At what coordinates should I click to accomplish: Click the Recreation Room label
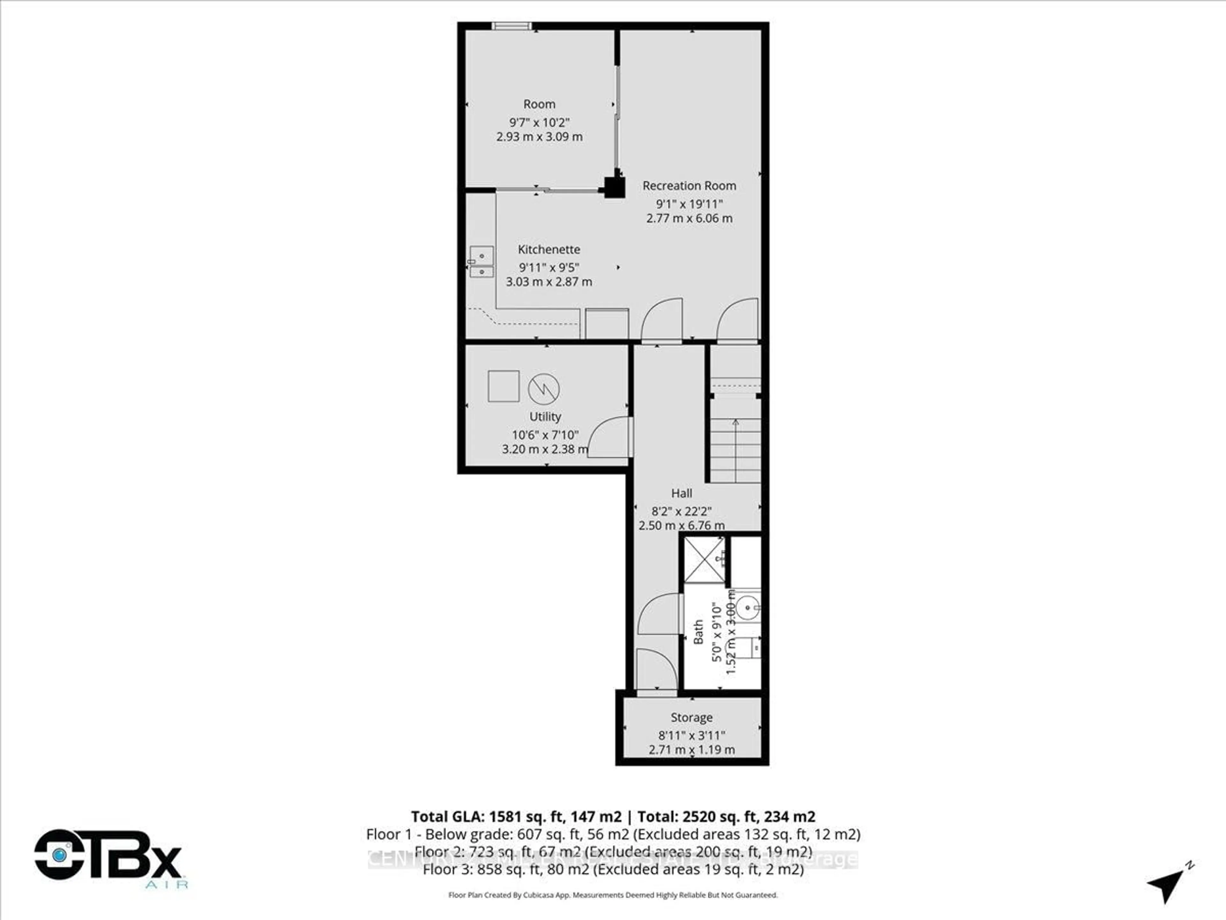point(689,186)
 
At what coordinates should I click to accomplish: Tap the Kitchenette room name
point(549,249)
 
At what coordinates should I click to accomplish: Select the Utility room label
point(545,417)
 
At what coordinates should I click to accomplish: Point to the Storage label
point(691,717)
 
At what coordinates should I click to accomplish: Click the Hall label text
point(681,493)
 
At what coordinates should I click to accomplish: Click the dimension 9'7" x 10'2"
point(539,122)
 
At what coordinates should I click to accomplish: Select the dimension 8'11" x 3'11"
point(691,735)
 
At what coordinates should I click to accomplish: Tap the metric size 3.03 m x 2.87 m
point(549,282)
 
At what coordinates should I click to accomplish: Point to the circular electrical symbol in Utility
point(544,389)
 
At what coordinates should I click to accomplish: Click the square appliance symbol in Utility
point(503,386)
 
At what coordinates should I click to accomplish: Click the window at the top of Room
point(511,26)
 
